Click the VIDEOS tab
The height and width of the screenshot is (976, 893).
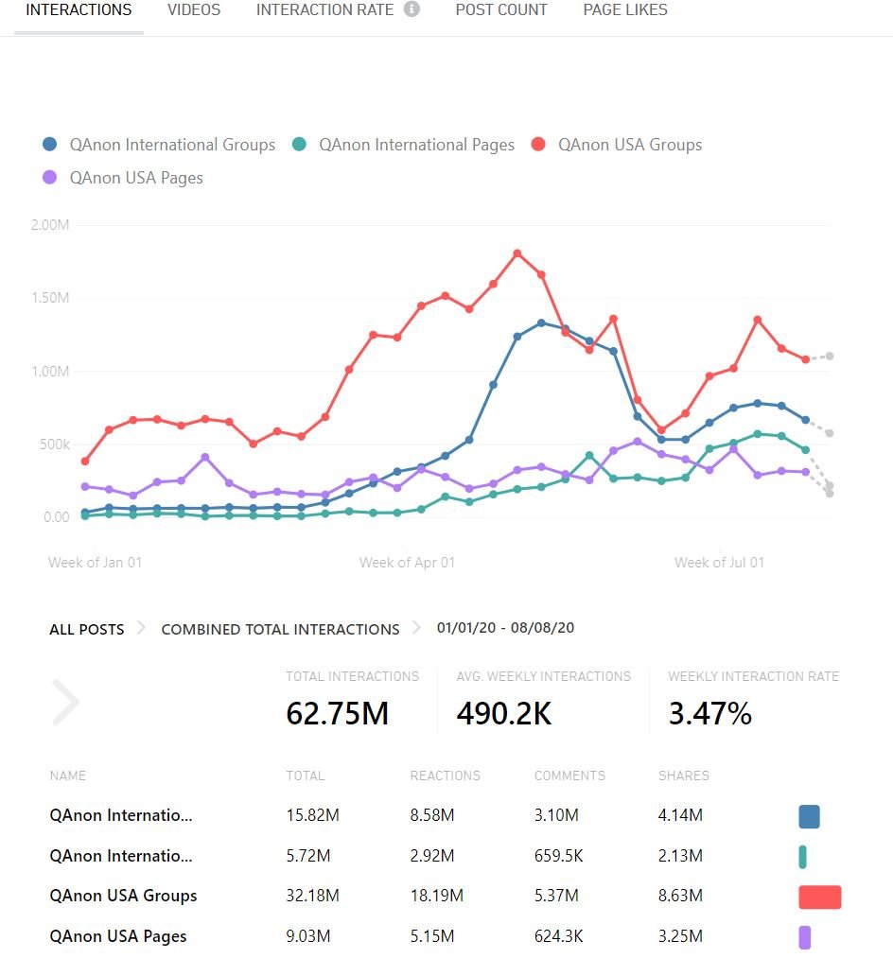click(x=194, y=10)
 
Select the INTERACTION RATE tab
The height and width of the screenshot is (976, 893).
click(x=324, y=10)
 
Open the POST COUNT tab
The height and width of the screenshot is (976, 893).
click(x=501, y=10)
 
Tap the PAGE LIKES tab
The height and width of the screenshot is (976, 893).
click(x=625, y=10)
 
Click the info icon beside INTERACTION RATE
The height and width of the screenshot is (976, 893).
click(x=411, y=10)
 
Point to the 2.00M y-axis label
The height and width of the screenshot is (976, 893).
click(x=50, y=225)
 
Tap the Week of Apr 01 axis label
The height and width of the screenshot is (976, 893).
click(x=407, y=563)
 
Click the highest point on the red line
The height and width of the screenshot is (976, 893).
click(x=517, y=253)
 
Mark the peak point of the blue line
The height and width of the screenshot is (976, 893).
click(x=541, y=322)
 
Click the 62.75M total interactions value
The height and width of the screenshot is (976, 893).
click(x=338, y=714)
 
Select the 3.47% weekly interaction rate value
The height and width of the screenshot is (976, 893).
click(x=710, y=714)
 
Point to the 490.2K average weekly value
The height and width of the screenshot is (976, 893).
click(x=504, y=714)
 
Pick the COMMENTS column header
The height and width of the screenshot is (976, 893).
click(x=569, y=776)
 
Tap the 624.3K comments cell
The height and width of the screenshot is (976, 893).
click(x=559, y=937)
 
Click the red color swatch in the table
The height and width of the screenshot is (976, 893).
click(x=819, y=897)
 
